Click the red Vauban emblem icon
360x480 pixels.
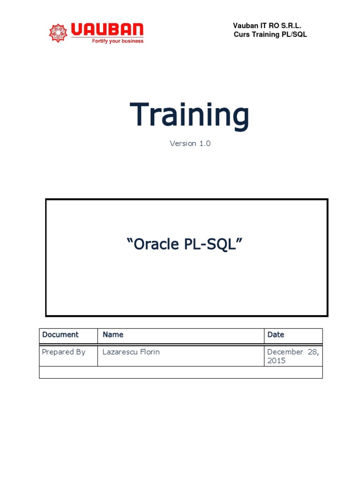[x=59, y=32]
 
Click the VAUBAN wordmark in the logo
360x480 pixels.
[x=107, y=30]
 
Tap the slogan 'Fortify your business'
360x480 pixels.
[x=114, y=41]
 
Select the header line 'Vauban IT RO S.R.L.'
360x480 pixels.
[x=267, y=26]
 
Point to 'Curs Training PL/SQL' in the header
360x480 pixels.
[x=270, y=35]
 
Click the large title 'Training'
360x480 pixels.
[x=189, y=115]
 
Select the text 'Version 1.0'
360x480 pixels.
[x=190, y=143]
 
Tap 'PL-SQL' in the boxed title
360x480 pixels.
[x=218, y=244]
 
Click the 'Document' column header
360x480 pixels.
[x=60, y=335]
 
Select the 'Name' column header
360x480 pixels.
[x=113, y=335]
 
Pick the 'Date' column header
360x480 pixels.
[x=276, y=335]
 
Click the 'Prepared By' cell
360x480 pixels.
[x=64, y=352]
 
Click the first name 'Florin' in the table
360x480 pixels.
[x=150, y=352]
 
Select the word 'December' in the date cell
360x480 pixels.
[x=285, y=352]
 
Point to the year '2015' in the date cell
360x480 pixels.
[x=276, y=361]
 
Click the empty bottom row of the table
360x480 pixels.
[x=180, y=372]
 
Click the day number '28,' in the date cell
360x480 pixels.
[x=313, y=352]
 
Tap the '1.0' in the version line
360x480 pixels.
[x=204, y=143]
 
